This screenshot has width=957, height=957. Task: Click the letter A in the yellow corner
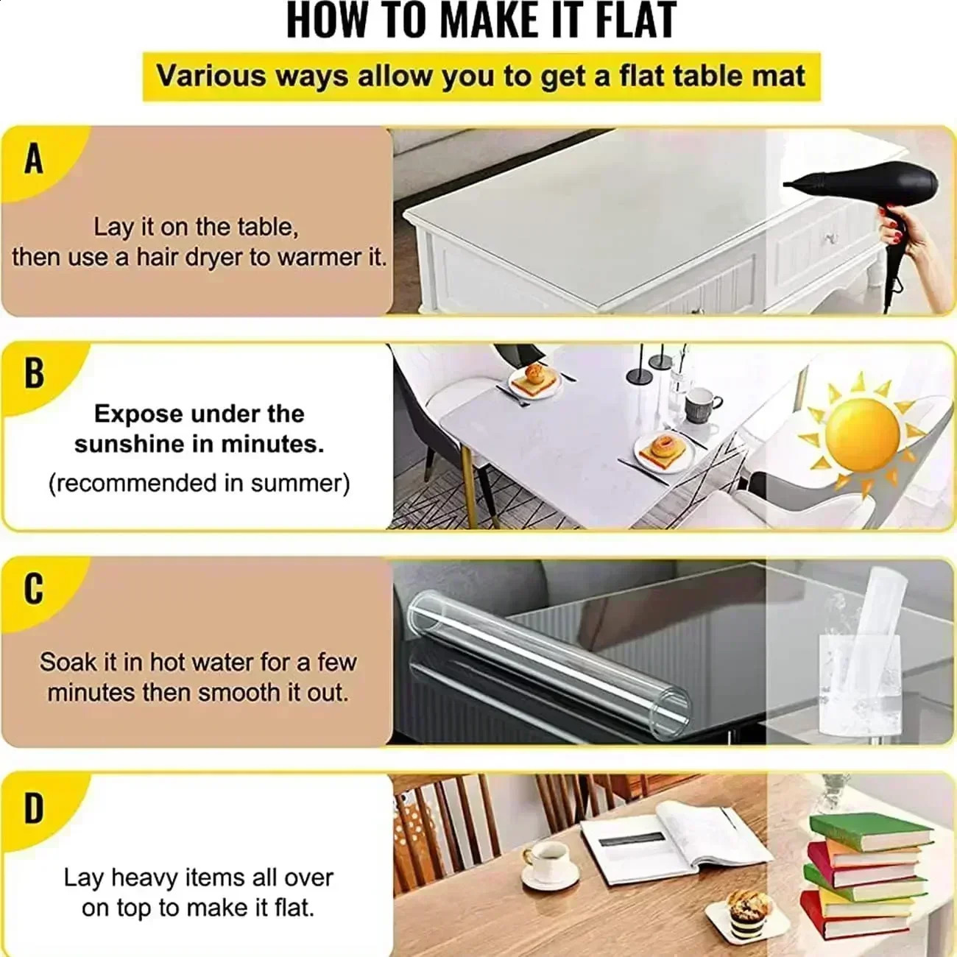click(x=34, y=160)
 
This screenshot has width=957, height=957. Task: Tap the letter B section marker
click(x=34, y=373)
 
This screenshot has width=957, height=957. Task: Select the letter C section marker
click(x=34, y=589)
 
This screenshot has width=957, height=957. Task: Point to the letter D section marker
click(x=34, y=808)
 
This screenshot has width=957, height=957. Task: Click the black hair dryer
click(x=869, y=191)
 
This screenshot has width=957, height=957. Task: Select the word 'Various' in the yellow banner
click(x=211, y=77)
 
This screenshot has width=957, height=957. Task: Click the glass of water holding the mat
click(x=858, y=681)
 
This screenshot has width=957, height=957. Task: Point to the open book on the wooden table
click(x=674, y=836)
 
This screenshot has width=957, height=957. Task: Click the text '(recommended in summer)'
click(x=199, y=484)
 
